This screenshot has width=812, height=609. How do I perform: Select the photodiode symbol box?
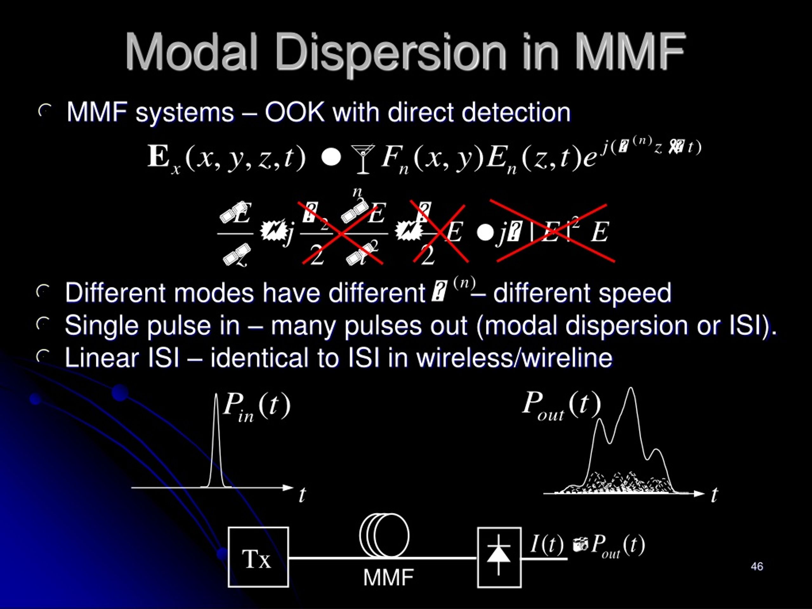[499, 557]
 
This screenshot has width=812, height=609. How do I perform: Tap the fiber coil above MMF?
[384, 536]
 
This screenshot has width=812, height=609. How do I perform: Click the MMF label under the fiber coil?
[388, 577]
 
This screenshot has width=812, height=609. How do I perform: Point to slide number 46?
[757, 566]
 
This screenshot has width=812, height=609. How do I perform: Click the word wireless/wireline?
[514, 357]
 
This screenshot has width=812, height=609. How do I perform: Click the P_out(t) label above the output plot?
[561, 405]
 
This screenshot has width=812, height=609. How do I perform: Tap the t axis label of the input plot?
[302, 495]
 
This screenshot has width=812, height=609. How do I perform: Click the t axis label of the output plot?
[714, 495]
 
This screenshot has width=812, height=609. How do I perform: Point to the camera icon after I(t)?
[580, 544]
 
